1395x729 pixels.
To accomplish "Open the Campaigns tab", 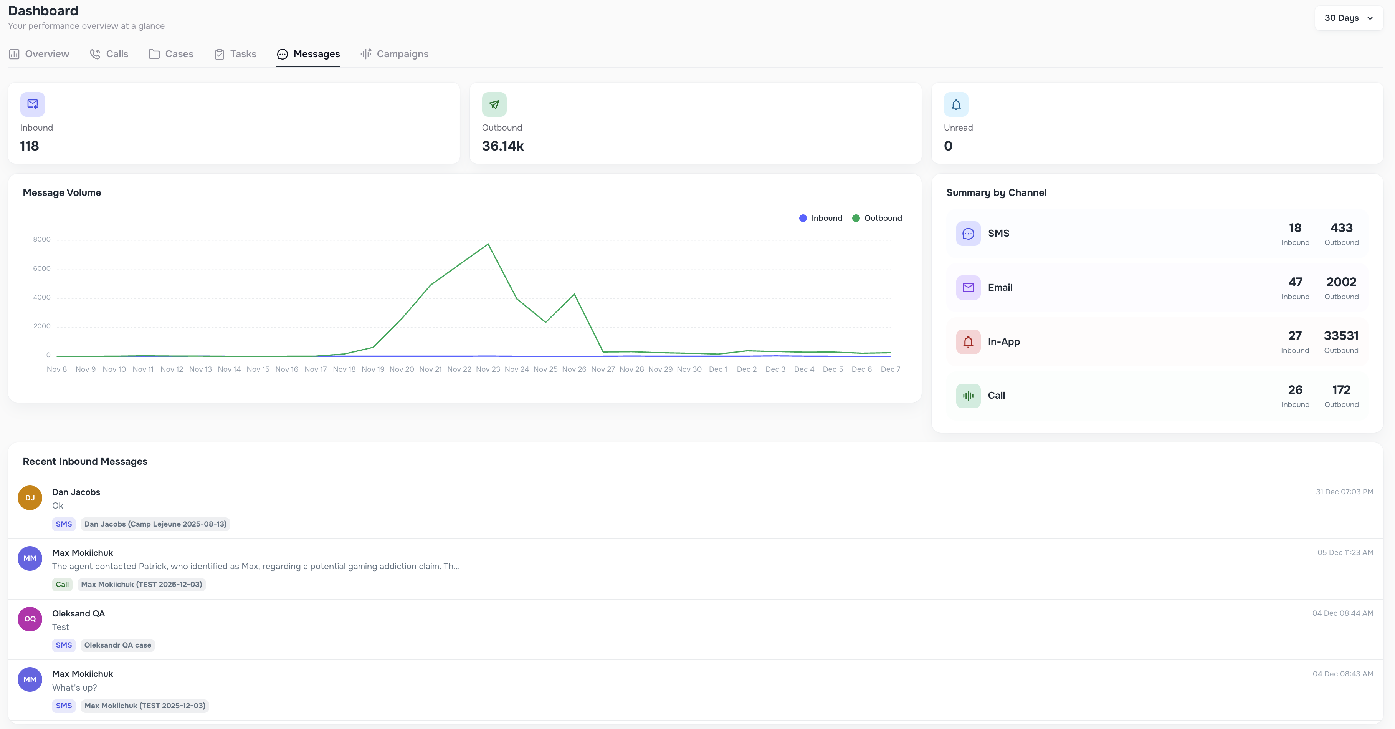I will point(394,54).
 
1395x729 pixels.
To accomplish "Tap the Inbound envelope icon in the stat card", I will point(33,104).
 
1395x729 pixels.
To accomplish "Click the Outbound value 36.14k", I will point(502,146).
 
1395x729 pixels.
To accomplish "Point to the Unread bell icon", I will point(956,104).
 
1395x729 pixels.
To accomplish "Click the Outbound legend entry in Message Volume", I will point(877,218).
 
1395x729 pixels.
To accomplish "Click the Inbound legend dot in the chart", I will point(803,218).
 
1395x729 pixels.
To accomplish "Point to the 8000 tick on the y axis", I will point(42,239).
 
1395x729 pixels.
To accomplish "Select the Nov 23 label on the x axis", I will point(488,369).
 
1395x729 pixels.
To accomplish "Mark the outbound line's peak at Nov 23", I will point(488,244).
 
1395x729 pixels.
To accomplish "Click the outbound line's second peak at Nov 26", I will point(574,294).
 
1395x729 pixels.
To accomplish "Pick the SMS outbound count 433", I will point(1341,228).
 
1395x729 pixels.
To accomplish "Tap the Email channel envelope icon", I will point(968,287).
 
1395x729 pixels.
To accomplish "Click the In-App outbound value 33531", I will point(1341,336).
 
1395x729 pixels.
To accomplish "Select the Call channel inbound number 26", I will point(1295,390).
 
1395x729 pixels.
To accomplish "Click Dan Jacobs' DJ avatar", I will point(30,497).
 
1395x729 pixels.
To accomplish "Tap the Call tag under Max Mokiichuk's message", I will point(62,584).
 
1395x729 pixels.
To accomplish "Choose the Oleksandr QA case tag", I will point(117,645).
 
